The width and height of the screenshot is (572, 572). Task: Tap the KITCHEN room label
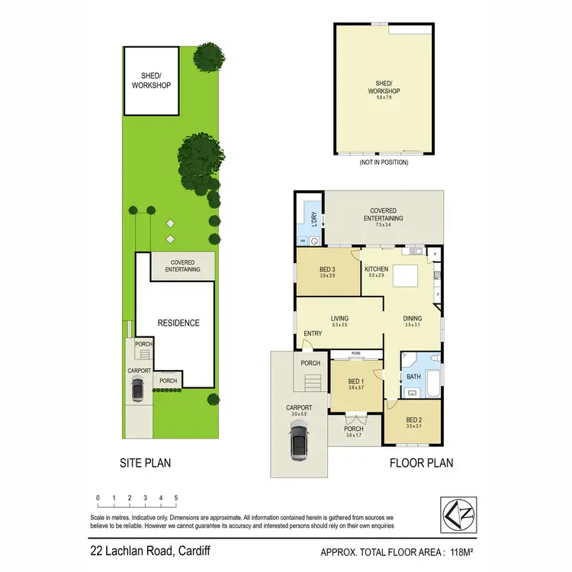[377, 269]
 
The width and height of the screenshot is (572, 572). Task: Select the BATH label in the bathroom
[414, 376]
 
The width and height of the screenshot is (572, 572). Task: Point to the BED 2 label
[414, 419]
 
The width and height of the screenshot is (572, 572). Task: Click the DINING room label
[413, 319]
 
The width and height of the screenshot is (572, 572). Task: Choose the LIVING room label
[339, 319]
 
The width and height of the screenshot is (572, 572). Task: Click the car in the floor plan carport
[299, 443]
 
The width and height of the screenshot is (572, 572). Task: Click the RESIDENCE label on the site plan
[179, 323]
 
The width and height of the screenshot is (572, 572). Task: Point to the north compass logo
[457, 512]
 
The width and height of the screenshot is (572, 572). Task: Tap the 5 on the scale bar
[176, 498]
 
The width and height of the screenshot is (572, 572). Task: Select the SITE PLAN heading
[145, 462]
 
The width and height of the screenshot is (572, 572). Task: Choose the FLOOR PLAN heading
[422, 462]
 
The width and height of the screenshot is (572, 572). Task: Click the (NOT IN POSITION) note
[383, 162]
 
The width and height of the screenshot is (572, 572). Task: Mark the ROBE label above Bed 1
[357, 354]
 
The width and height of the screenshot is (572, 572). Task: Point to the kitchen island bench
[407, 274]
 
